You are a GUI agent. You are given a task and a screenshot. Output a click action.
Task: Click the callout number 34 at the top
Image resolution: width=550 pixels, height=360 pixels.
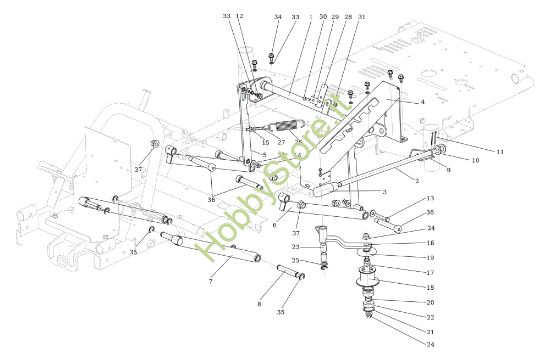(x=278, y=17)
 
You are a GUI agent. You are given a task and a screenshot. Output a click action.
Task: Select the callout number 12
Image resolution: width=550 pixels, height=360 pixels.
(x=239, y=17)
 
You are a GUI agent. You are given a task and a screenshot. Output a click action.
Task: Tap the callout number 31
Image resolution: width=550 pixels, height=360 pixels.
(x=361, y=17)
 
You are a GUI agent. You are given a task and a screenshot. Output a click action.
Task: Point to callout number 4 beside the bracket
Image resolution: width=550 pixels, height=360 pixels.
(x=422, y=102)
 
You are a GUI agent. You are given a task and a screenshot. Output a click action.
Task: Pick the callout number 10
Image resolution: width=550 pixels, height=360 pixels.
(x=475, y=160)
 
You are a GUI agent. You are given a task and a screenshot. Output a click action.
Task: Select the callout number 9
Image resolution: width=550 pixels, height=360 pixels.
(x=449, y=171)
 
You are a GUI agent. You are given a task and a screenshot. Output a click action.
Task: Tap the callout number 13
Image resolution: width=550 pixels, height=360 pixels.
(x=429, y=199)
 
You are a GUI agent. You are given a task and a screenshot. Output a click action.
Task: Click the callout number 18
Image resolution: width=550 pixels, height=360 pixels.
(x=431, y=286)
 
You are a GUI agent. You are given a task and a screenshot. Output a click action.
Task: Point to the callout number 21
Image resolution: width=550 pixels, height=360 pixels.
(x=431, y=330)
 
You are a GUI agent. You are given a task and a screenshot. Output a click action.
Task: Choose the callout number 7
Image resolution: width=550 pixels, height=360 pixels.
(x=210, y=283)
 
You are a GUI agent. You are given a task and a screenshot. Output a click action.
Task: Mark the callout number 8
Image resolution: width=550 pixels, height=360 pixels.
(x=261, y=303)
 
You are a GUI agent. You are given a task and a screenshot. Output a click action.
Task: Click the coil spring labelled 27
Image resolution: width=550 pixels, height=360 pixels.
(x=287, y=125)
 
